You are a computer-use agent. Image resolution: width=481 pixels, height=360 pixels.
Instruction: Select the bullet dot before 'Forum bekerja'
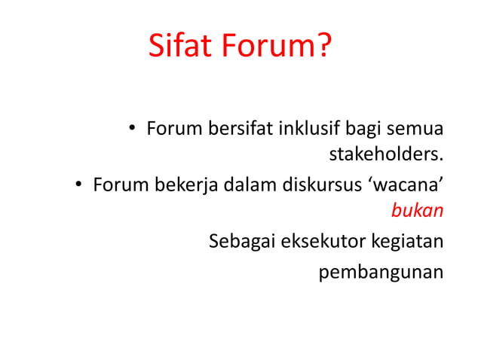(x=78, y=185)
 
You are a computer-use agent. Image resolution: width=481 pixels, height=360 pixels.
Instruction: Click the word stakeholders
(x=385, y=156)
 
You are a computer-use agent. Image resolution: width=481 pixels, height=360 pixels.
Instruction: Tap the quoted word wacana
(x=403, y=185)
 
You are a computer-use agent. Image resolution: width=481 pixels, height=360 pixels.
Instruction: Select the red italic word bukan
(x=417, y=212)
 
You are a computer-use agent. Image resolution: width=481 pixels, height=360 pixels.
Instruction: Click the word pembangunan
(x=381, y=271)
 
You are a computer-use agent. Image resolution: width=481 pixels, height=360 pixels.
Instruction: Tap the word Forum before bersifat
(x=173, y=128)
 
